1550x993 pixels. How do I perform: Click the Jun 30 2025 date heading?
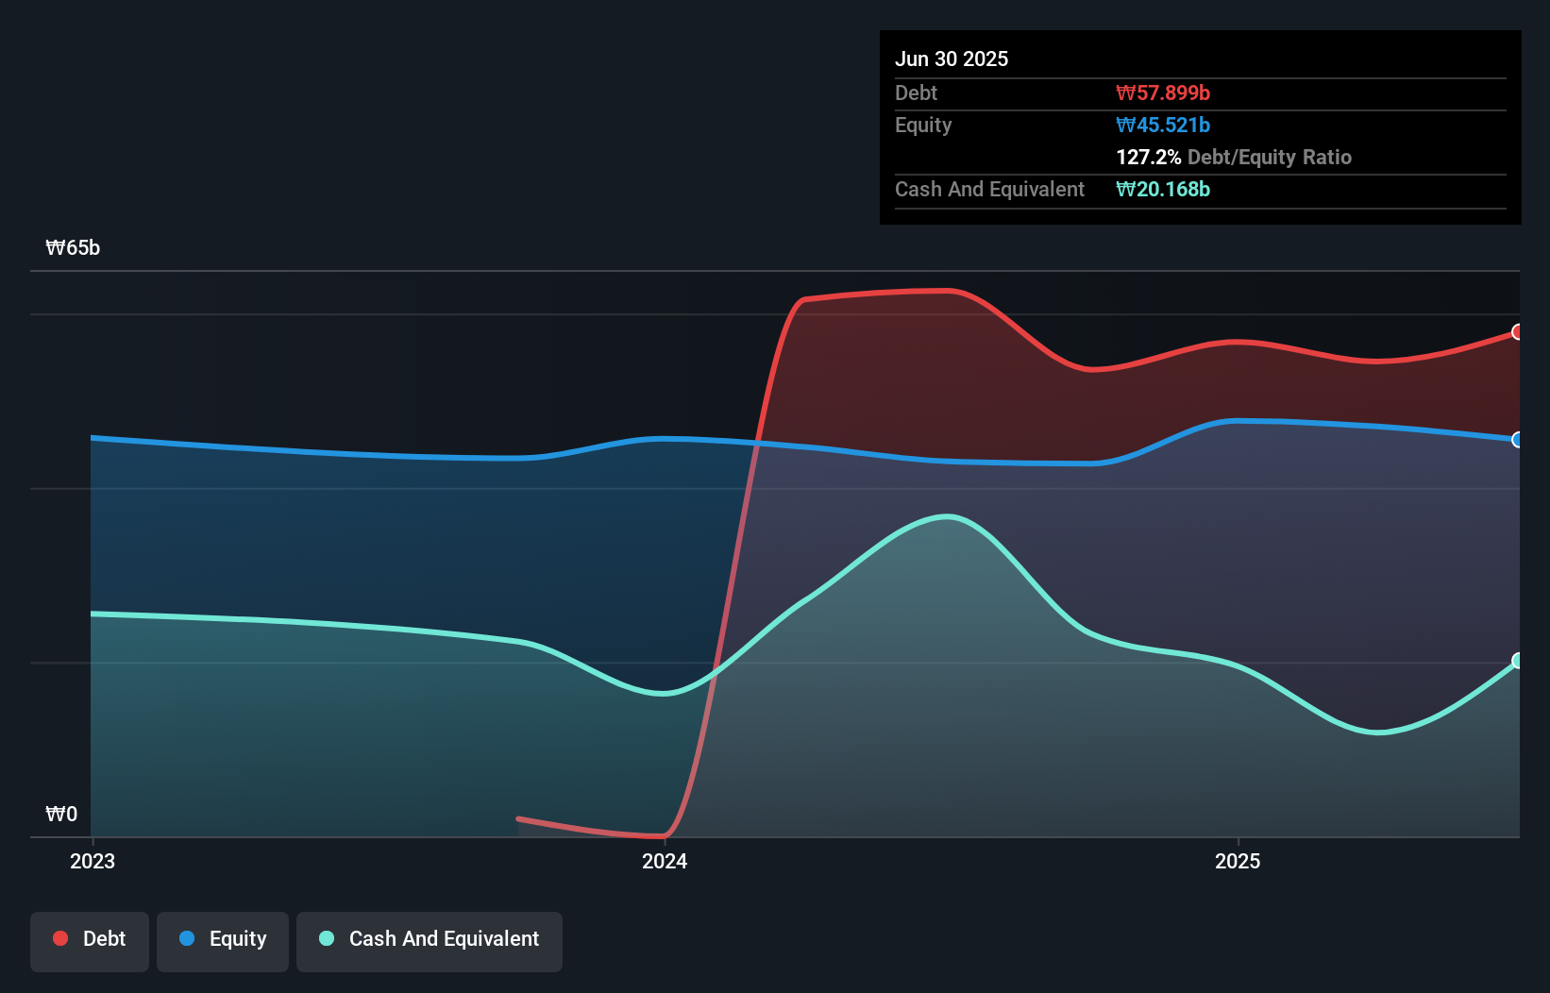tap(951, 59)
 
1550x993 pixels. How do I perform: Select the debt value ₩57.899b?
tap(1162, 93)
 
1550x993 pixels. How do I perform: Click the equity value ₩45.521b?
tap(1162, 125)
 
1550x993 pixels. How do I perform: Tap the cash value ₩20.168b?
tap(1162, 189)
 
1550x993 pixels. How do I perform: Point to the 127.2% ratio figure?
tap(1148, 157)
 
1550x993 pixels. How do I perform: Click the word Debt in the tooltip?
tap(916, 93)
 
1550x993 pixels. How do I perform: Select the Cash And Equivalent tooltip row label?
tap(989, 189)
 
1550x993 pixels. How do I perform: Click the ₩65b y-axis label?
tap(73, 247)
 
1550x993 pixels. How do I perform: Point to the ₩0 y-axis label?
tap(61, 814)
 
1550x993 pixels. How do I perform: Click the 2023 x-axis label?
tap(93, 861)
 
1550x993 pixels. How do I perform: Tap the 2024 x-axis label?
tap(665, 861)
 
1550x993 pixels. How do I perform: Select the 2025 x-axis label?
tap(1237, 861)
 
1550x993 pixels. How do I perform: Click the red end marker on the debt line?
tap(1517, 332)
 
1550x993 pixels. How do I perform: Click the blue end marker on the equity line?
tap(1517, 440)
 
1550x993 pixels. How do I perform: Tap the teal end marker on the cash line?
tap(1517, 661)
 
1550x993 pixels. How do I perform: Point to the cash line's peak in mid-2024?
tap(947, 516)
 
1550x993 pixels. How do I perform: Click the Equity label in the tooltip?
tap(922, 125)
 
